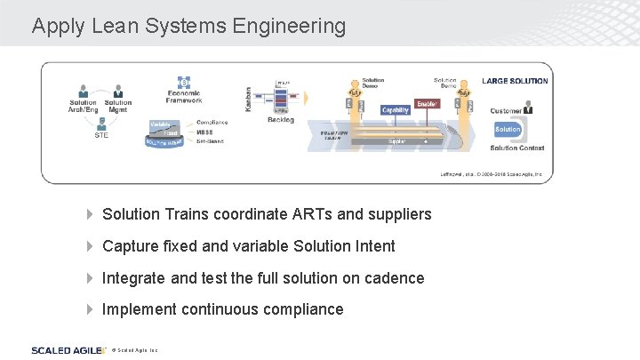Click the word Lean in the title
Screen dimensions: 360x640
point(109,26)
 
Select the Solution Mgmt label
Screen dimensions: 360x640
point(118,106)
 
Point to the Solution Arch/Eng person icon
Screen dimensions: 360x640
point(84,91)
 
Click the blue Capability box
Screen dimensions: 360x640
point(396,110)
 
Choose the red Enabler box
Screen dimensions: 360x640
point(428,104)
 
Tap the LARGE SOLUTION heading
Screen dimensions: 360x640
point(515,81)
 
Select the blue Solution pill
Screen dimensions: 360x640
point(508,129)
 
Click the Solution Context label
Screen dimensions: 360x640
point(517,148)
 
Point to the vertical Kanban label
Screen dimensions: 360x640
point(249,99)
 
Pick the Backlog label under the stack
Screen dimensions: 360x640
point(281,120)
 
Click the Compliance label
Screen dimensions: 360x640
point(212,123)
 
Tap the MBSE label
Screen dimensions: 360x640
point(205,132)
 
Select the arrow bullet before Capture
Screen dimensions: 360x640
point(89,246)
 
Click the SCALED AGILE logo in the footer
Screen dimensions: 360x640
point(64,350)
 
